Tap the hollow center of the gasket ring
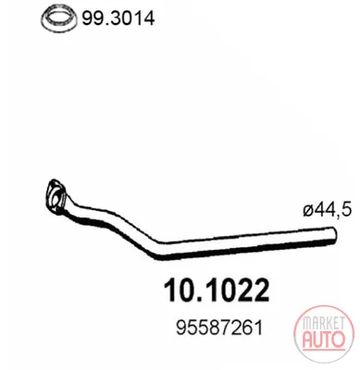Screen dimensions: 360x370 [x=59, y=18]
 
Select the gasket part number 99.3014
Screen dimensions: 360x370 [x=118, y=18]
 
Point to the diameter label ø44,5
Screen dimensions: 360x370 [x=327, y=210]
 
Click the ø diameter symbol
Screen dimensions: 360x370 [x=308, y=211]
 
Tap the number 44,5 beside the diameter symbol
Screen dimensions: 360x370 [x=333, y=210]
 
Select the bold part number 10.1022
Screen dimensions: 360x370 [x=217, y=290]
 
